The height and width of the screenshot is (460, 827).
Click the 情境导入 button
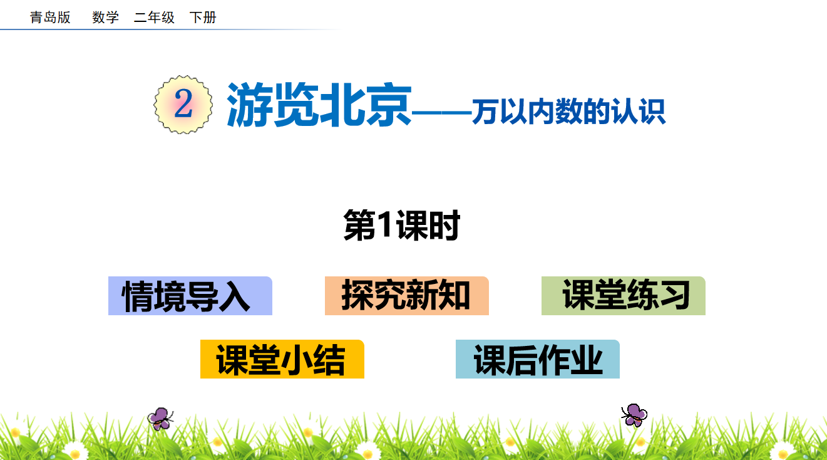(190, 296)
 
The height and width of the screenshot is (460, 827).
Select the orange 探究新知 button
(407, 296)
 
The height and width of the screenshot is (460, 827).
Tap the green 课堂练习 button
(624, 296)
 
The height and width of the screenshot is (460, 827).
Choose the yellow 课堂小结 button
(282, 358)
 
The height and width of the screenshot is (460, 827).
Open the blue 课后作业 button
(538, 358)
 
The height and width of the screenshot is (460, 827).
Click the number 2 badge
(183, 105)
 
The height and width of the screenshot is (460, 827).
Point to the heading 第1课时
(402, 225)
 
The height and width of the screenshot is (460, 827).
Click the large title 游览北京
(319, 105)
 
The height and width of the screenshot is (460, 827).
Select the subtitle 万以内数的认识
(568, 112)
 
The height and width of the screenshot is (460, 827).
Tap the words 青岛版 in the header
(50, 18)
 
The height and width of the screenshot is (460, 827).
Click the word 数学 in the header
(106, 18)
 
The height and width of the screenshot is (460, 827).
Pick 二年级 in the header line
(154, 18)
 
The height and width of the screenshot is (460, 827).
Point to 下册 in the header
(203, 18)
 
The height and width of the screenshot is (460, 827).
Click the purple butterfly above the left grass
(160, 419)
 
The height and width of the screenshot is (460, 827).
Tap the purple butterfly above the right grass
(634, 416)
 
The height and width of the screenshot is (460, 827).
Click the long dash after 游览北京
(441, 111)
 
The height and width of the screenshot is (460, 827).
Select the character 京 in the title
(389, 105)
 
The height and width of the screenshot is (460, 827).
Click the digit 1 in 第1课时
(386, 224)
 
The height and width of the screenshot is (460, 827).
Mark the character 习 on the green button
(675, 295)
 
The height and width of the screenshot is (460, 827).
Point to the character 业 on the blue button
(587, 360)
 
